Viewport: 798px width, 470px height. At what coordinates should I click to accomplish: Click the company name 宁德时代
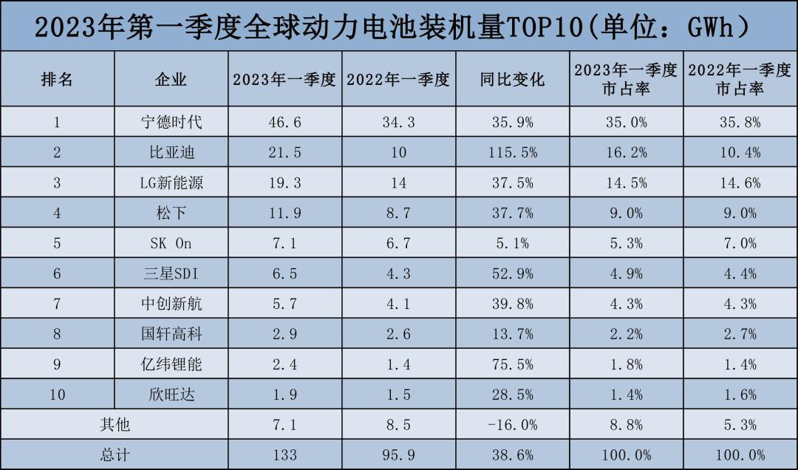tap(171, 122)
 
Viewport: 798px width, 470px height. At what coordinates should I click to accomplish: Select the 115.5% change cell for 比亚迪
tap(513, 152)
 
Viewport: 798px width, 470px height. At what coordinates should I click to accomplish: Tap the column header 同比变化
tap(512, 79)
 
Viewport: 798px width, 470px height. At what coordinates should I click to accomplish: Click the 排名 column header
tap(57, 79)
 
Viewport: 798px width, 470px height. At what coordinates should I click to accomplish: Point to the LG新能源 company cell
tap(171, 183)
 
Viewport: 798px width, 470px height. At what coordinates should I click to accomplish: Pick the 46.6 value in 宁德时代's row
tap(284, 122)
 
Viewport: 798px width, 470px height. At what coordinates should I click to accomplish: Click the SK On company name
tap(171, 243)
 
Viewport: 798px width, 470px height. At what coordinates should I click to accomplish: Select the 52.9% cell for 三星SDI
tap(513, 273)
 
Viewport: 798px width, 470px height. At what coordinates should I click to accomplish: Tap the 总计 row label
tap(115, 455)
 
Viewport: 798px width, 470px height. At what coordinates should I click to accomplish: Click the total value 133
tap(284, 455)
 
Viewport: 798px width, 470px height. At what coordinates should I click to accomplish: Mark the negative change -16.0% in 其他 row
tap(513, 425)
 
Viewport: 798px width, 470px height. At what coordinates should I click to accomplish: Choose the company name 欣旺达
tap(171, 395)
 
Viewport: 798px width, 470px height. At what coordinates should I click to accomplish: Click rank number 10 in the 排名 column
tap(57, 395)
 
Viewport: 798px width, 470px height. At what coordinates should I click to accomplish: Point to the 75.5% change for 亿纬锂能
tap(513, 364)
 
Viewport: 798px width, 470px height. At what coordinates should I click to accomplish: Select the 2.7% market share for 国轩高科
tap(740, 334)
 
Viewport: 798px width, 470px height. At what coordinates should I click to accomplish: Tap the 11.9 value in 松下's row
tap(284, 213)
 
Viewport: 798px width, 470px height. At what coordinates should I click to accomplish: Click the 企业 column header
tap(171, 79)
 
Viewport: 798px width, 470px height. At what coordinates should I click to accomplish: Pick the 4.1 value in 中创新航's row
tap(398, 304)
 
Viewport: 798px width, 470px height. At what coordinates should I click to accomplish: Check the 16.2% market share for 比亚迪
tap(626, 152)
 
